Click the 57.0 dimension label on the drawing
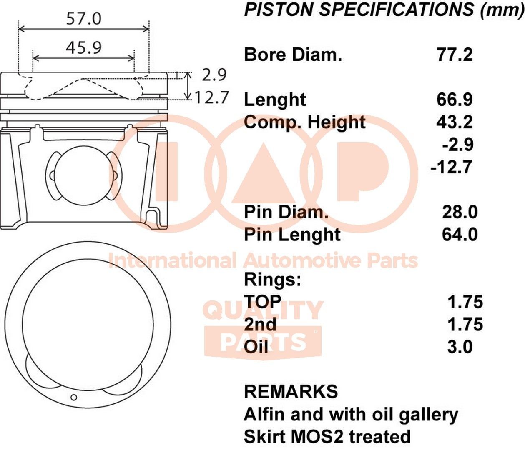point(83,18)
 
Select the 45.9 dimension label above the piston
point(83,47)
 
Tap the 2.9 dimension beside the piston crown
point(214,75)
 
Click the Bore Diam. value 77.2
point(455,55)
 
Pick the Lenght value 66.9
point(455,100)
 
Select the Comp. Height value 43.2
point(455,122)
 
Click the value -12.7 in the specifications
point(452,167)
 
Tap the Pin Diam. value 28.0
point(460,212)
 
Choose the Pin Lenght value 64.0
point(460,235)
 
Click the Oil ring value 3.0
point(460,347)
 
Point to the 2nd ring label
point(260,325)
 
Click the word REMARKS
point(291,392)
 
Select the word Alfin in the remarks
point(264,414)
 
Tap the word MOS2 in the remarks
point(317,437)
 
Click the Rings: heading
point(272,280)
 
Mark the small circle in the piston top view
point(74,397)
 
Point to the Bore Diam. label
point(293,55)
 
